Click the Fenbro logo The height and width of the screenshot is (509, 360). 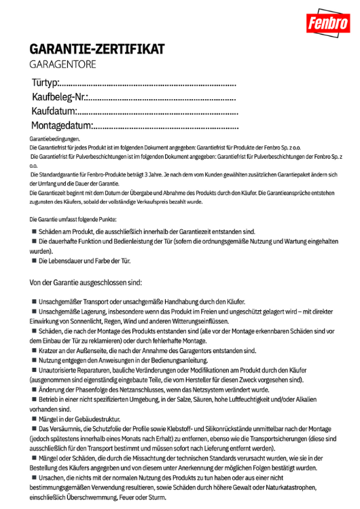pyautogui.click(x=329, y=24)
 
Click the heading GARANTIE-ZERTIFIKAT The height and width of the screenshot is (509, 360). pyautogui.click(x=96, y=50)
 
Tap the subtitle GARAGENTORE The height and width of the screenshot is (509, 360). pyautogui.click(x=63, y=64)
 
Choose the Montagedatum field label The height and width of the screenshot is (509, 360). pyautogui.click(x=61, y=126)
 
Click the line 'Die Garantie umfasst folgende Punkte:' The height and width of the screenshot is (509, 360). pyautogui.click(x=73, y=219)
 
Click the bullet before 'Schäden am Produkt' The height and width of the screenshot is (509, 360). pyautogui.click(x=33, y=231)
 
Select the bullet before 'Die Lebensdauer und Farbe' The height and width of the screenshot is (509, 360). pyautogui.click(x=33, y=261)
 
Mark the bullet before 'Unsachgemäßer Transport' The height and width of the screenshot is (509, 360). pyautogui.click(x=33, y=301)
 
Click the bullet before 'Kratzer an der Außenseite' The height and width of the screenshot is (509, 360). pyautogui.click(x=33, y=351)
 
